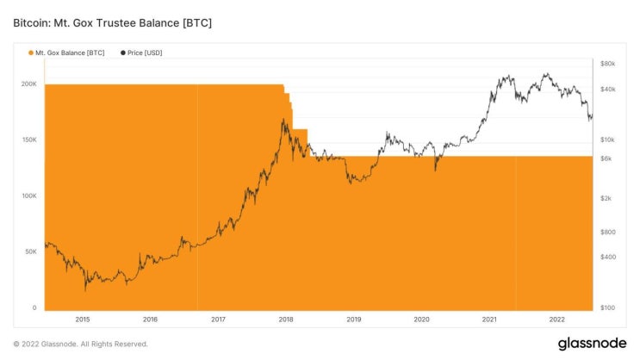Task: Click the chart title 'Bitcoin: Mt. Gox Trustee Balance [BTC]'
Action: (112, 22)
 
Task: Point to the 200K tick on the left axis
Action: (29, 84)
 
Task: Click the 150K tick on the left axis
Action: (29, 140)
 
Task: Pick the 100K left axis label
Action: (29, 196)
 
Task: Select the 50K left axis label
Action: (31, 251)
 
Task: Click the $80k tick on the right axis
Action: (607, 64)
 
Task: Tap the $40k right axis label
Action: (607, 90)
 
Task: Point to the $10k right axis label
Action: (607, 140)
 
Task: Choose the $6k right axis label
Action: (606, 158)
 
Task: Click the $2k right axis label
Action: (606, 198)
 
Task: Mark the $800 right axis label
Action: (607, 232)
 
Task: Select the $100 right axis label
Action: (607, 308)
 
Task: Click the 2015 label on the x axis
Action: (82, 320)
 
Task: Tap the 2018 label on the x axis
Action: (285, 320)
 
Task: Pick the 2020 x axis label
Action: (421, 320)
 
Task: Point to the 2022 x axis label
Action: (557, 320)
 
